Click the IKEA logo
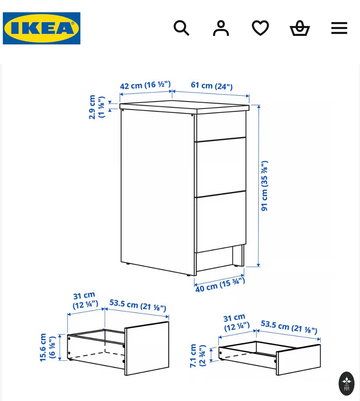tap(41, 28)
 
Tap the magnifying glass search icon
tap(181, 28)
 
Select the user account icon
tap(221, 28)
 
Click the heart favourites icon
tap(260, 28)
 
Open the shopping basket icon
tap(300, 28)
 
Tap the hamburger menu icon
tap(339, 28)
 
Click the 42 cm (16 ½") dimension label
tap(145, 85)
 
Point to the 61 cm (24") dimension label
tap(211, 86)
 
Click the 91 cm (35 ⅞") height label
tap(264, 186)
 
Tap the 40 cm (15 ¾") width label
tap(220, 285)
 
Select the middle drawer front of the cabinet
tap(221, 167)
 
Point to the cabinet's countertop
tap(184, 107)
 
